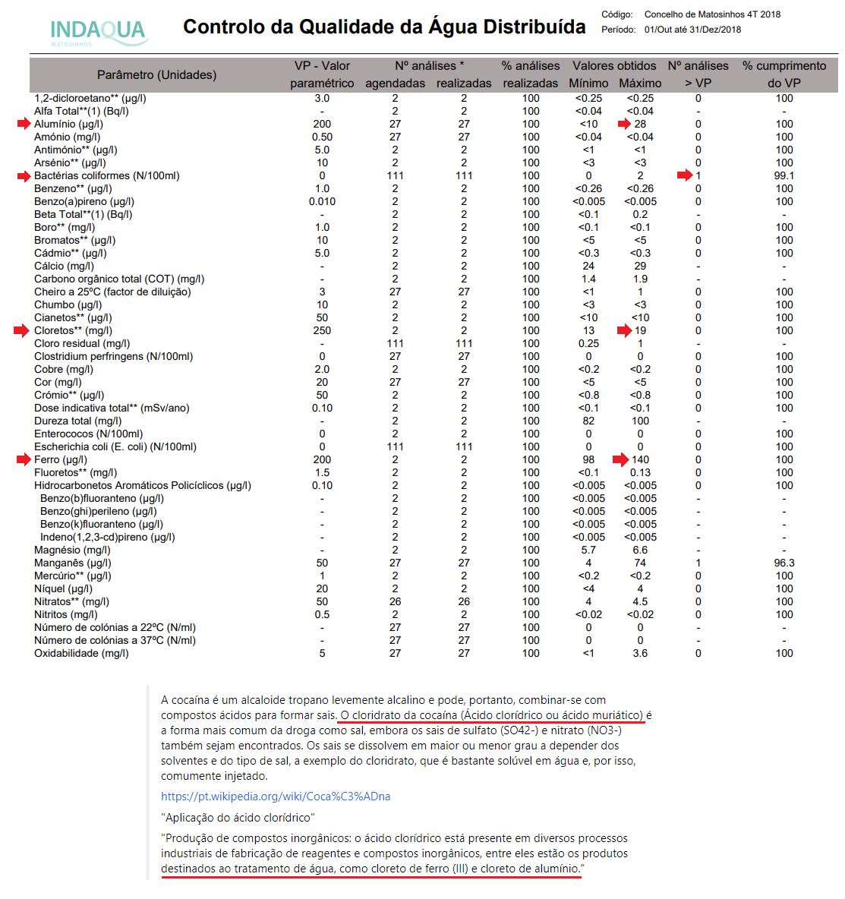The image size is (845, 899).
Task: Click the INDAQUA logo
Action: click(x=97, y=31)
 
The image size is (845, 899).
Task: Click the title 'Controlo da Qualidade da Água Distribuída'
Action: click(x=384, y=27)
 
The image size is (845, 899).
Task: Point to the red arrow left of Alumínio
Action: click(x=22, y=124)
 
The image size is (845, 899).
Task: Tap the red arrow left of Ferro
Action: click(x=22, y=459)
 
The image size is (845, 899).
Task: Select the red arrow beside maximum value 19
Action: click(x=624, y=330)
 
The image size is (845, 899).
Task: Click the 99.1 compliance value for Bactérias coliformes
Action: click(x=784, y=175)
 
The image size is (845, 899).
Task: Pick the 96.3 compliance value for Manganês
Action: click(x=784, y=563)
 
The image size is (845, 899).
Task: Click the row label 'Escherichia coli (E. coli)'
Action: click(x=115, y=446)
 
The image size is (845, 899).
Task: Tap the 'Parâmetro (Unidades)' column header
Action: click(x=156, y=74)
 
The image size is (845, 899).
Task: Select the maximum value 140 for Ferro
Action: click(x=640, y=459)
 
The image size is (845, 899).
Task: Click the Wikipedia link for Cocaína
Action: click(x=276, y=796)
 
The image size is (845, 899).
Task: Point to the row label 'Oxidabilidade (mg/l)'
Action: click(x=81, y=653)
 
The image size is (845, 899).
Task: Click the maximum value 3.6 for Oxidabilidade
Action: click(x=640, y=653)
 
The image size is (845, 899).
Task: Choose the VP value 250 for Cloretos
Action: click(x=322, y=330)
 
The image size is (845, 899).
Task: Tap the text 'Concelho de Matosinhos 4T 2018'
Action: click(x=712, y=14)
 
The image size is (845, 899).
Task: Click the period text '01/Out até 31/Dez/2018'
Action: click(x=692, y=30)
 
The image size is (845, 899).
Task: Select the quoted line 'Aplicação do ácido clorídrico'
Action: click(x=238, y=818)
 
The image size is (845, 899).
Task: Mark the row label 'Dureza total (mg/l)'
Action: click(x=77, y=421)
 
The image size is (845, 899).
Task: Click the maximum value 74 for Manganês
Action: click(x=640, y=563)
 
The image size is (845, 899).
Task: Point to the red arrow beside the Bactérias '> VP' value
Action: click(x=684, y=175)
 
